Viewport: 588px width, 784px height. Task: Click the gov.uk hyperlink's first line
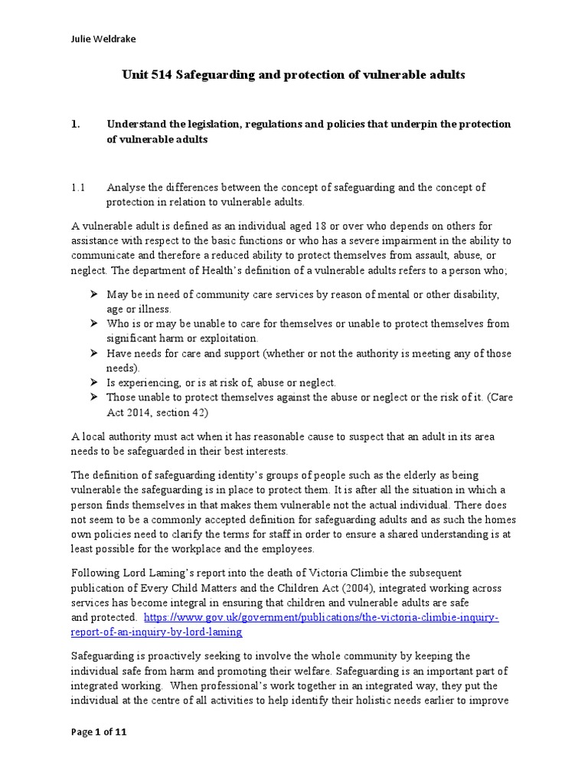coord(321,617)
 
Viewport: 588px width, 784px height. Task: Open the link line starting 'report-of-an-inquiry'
coord(157,632)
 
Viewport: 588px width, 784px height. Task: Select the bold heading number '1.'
coord(76,124)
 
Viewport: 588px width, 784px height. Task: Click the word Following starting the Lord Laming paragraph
coord(96,573)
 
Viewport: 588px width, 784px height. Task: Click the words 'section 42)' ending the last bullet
coord(191,411)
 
